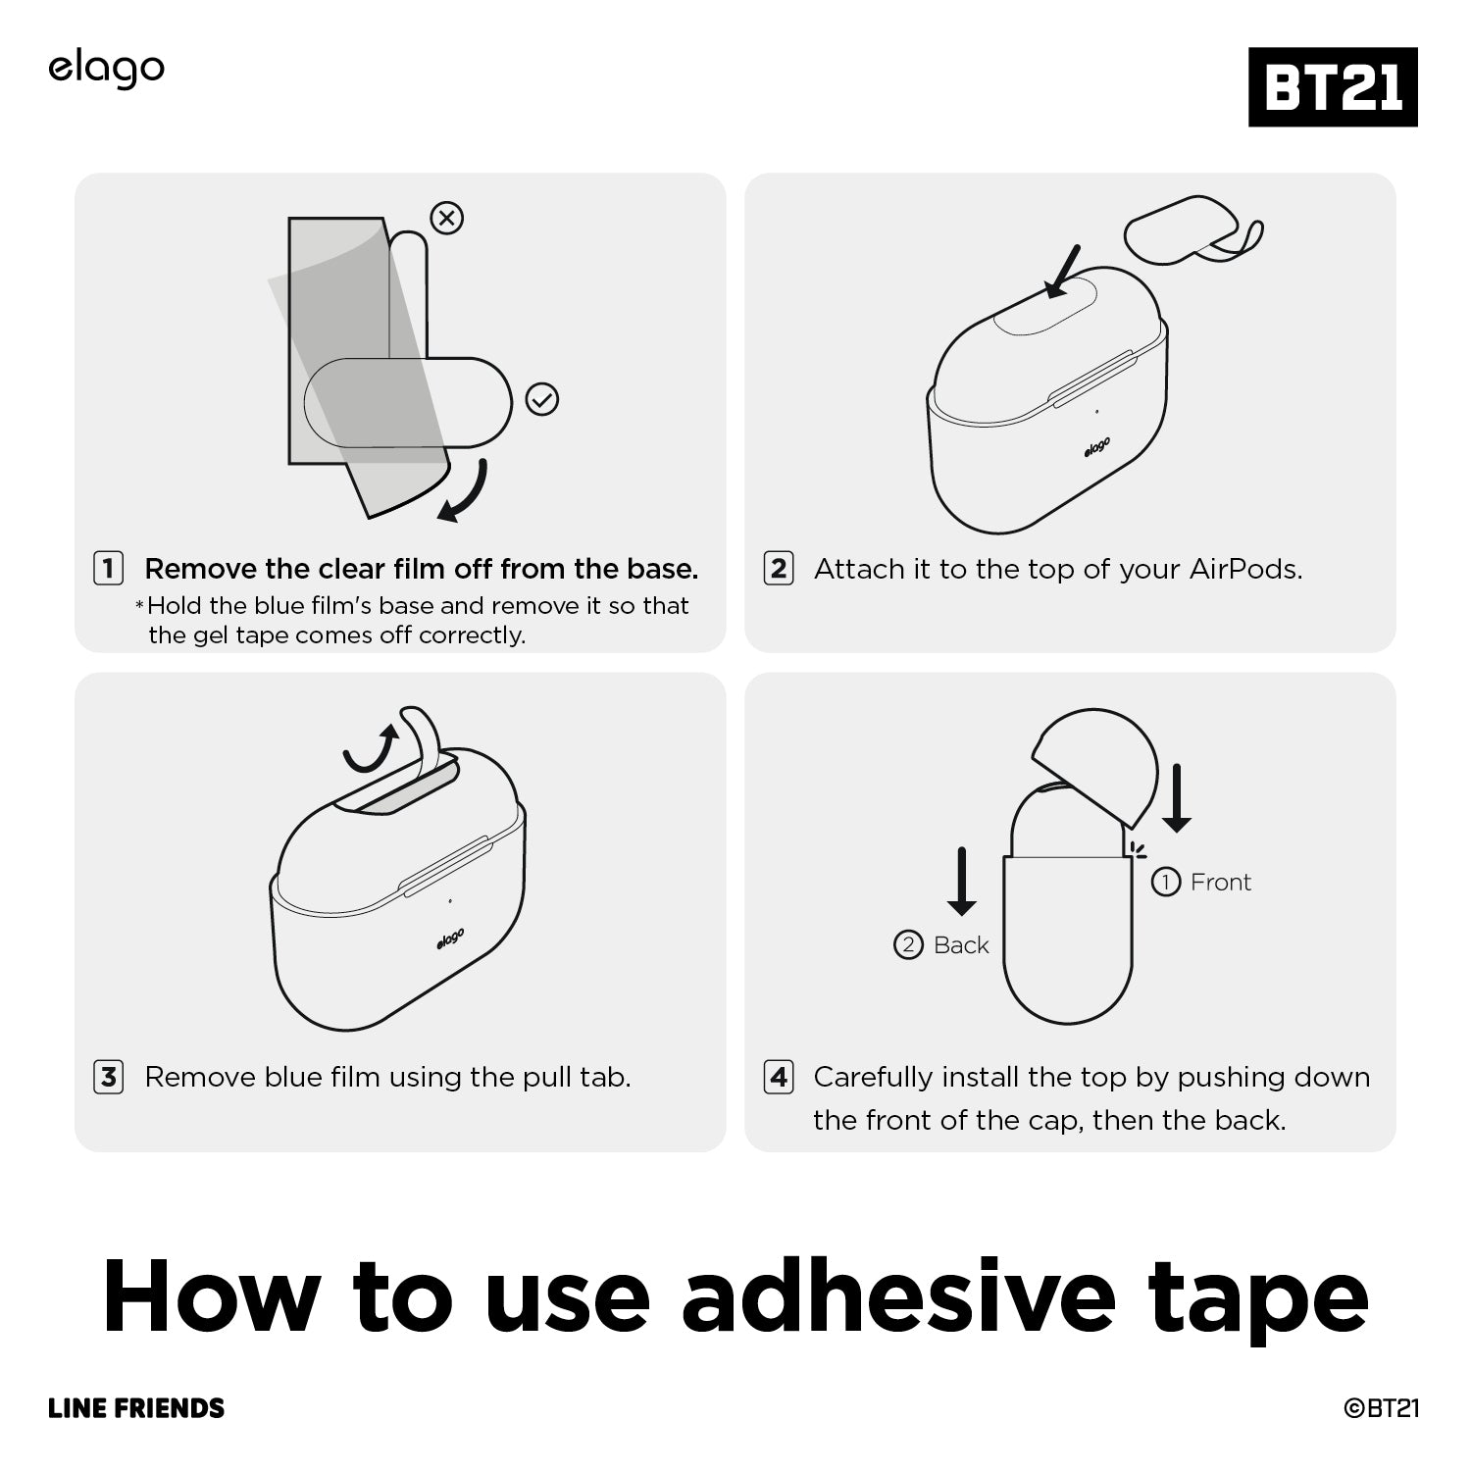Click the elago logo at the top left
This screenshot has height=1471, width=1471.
[106, 70]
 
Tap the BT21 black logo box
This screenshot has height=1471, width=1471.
[1333, 86]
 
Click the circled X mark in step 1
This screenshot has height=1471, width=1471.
[447, 218]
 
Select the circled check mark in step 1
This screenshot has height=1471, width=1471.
[542, 399]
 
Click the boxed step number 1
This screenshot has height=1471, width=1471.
[108, 569]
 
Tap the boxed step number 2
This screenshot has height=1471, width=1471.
[779, 569]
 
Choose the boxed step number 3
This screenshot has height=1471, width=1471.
[108, 1077]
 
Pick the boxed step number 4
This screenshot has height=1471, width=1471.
[779, 1077]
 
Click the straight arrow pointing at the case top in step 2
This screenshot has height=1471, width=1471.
[1062, 271]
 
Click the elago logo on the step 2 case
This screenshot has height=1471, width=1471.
[1097, 447]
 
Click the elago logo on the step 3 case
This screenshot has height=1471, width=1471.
[451, 938]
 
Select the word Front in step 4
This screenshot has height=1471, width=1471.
[1220, 883]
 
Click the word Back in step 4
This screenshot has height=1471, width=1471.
[961, 945]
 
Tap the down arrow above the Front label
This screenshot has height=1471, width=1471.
[1176, 798]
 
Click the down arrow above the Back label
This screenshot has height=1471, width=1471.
[962, 882]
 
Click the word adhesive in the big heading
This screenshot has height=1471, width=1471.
[898, 1295]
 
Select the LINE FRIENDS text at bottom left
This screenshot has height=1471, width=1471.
[136, 1408]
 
